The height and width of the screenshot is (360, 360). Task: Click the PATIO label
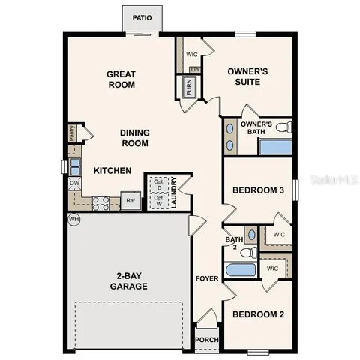pos(142,16)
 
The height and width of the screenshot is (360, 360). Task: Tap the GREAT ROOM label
pos(121,79)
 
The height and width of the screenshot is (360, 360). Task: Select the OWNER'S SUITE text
pos(247,76)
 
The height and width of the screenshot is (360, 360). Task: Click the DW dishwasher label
pos(75,184)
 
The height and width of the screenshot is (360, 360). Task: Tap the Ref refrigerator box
pos(130,200)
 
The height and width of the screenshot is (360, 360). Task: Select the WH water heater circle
pos(73,219)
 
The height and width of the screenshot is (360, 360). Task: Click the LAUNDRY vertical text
pos(173,192)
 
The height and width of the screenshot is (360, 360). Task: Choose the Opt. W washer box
pos(157,200)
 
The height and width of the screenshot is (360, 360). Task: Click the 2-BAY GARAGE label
pos(121,281)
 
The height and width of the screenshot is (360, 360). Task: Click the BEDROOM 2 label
pos(258,315)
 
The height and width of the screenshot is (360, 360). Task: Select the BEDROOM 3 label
pos(258,191)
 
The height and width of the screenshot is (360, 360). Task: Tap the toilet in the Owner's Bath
pos(282,128)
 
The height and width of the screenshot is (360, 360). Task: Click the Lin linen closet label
pos(195,70)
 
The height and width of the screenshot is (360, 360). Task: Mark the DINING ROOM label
pos(135,138)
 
